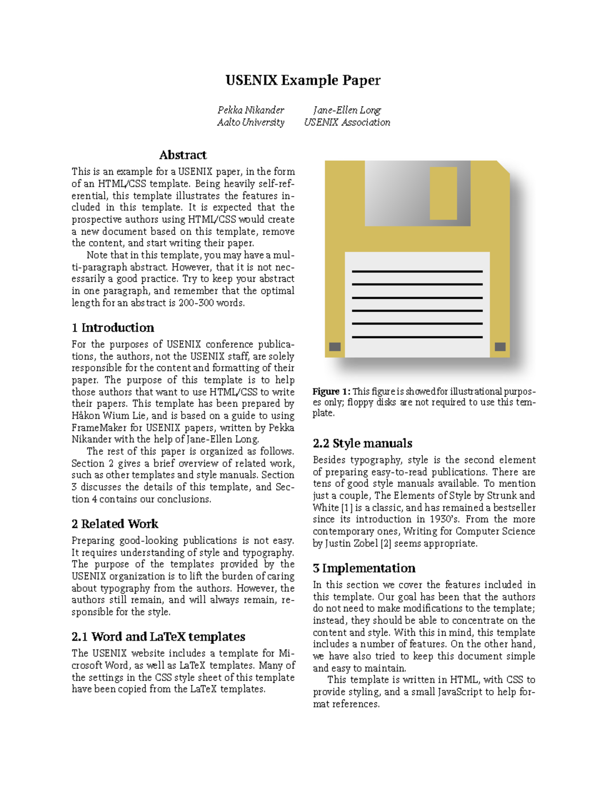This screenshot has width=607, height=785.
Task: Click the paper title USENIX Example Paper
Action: pos(302,80)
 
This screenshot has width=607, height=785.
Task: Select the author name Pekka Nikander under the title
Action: pos(250,110)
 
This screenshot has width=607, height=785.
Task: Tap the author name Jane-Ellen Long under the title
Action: pos(346,110)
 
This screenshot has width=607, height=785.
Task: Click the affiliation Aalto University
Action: pos(250,122)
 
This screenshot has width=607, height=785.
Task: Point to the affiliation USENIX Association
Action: pos(346,122)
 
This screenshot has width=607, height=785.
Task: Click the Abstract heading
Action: pos(183,155)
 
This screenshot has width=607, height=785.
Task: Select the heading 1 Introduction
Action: pos(113,328)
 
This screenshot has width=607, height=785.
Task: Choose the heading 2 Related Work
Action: pos(115,524)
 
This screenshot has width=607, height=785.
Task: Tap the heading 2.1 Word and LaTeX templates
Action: pos(158,636)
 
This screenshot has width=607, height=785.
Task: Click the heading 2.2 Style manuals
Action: pos(362,443)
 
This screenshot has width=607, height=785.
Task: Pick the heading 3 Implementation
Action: pos(364,568)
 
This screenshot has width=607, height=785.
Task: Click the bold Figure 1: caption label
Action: pos(331,391)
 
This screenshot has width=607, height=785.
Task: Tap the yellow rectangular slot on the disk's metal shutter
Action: pos(443,193)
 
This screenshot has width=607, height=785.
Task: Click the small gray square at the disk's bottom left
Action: pos(335,347)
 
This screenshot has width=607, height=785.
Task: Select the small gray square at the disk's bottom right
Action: pos(500,347)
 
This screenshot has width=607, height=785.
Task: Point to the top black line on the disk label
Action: pos(417,271)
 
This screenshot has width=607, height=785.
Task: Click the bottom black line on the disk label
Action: pos(417,337)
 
